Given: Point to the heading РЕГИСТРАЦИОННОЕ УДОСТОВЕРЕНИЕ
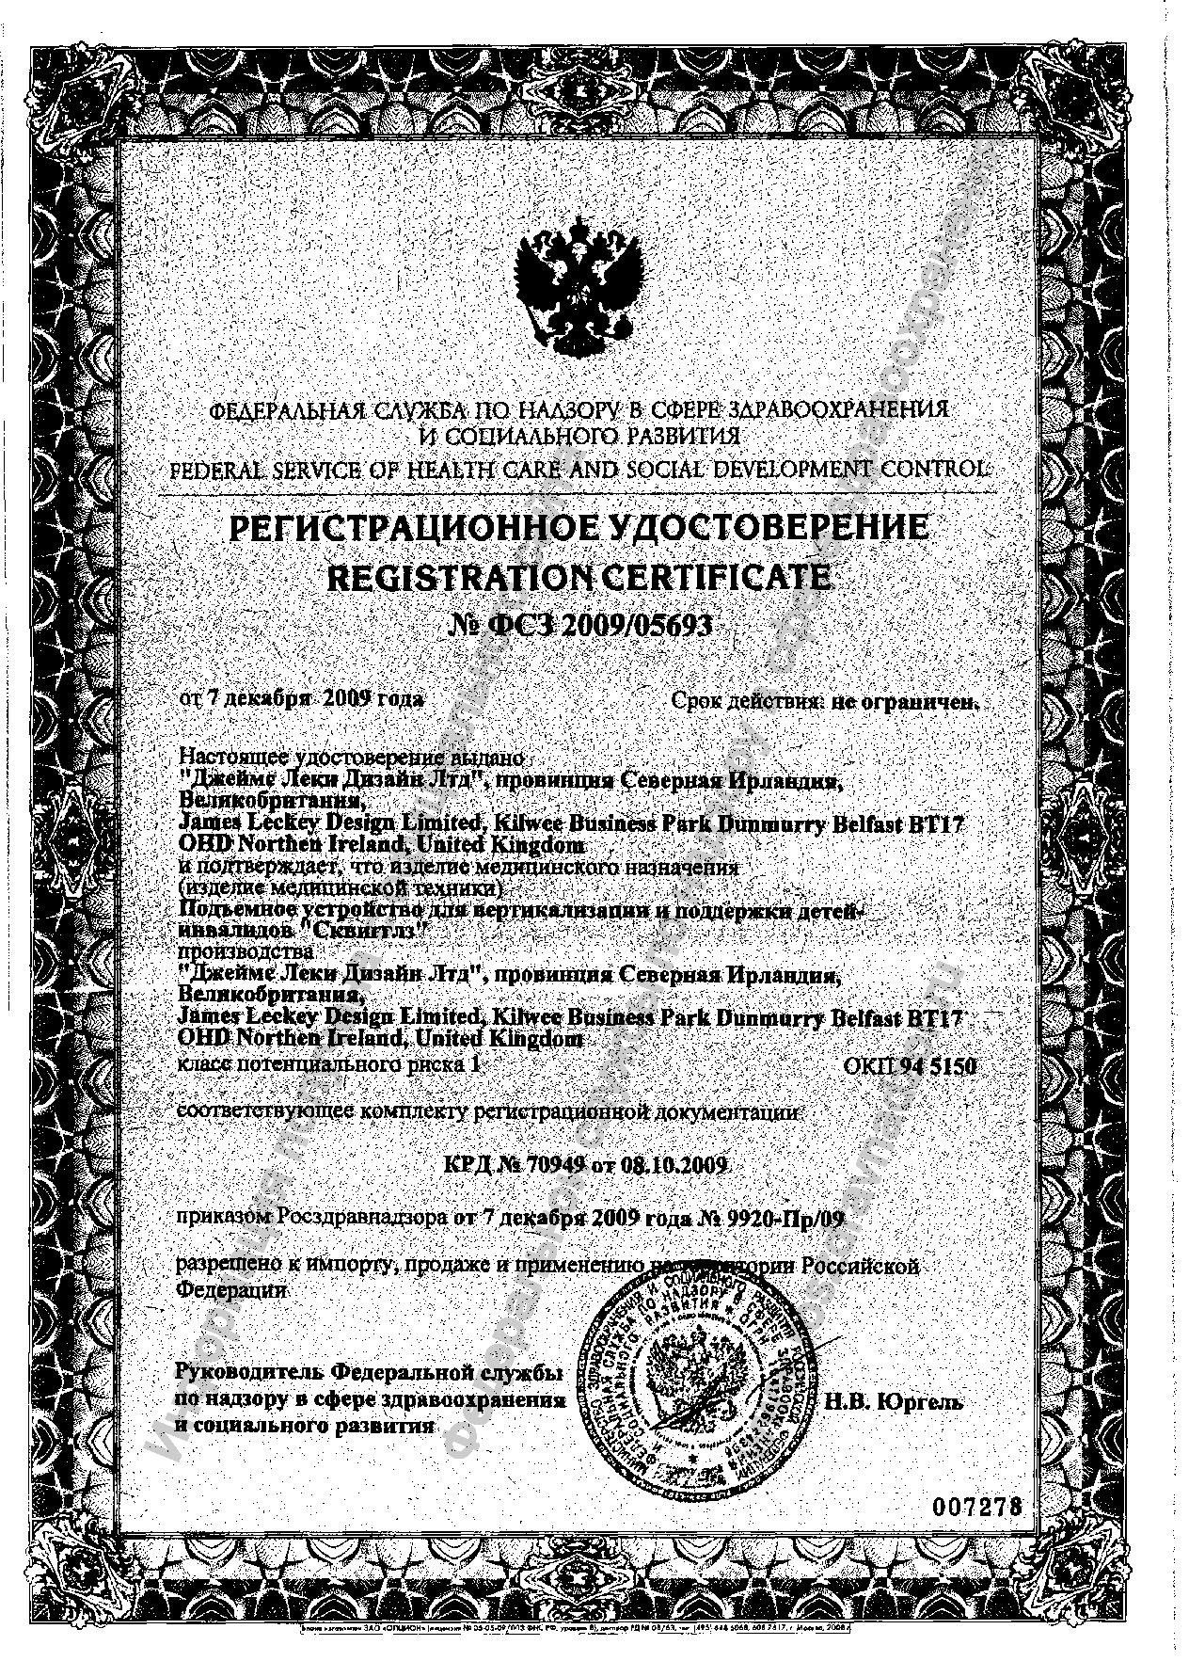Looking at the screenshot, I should (x=579, y=528).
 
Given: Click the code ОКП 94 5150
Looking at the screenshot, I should (x=909, y=1065).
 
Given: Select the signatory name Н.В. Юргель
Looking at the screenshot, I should (x=893, y=1401).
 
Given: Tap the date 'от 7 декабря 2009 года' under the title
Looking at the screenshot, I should (x=302, y=699).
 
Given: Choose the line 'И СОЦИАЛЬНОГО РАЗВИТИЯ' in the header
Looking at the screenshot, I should (x=579, y=437).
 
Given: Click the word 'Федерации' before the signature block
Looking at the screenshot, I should (x=231, y=1290).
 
